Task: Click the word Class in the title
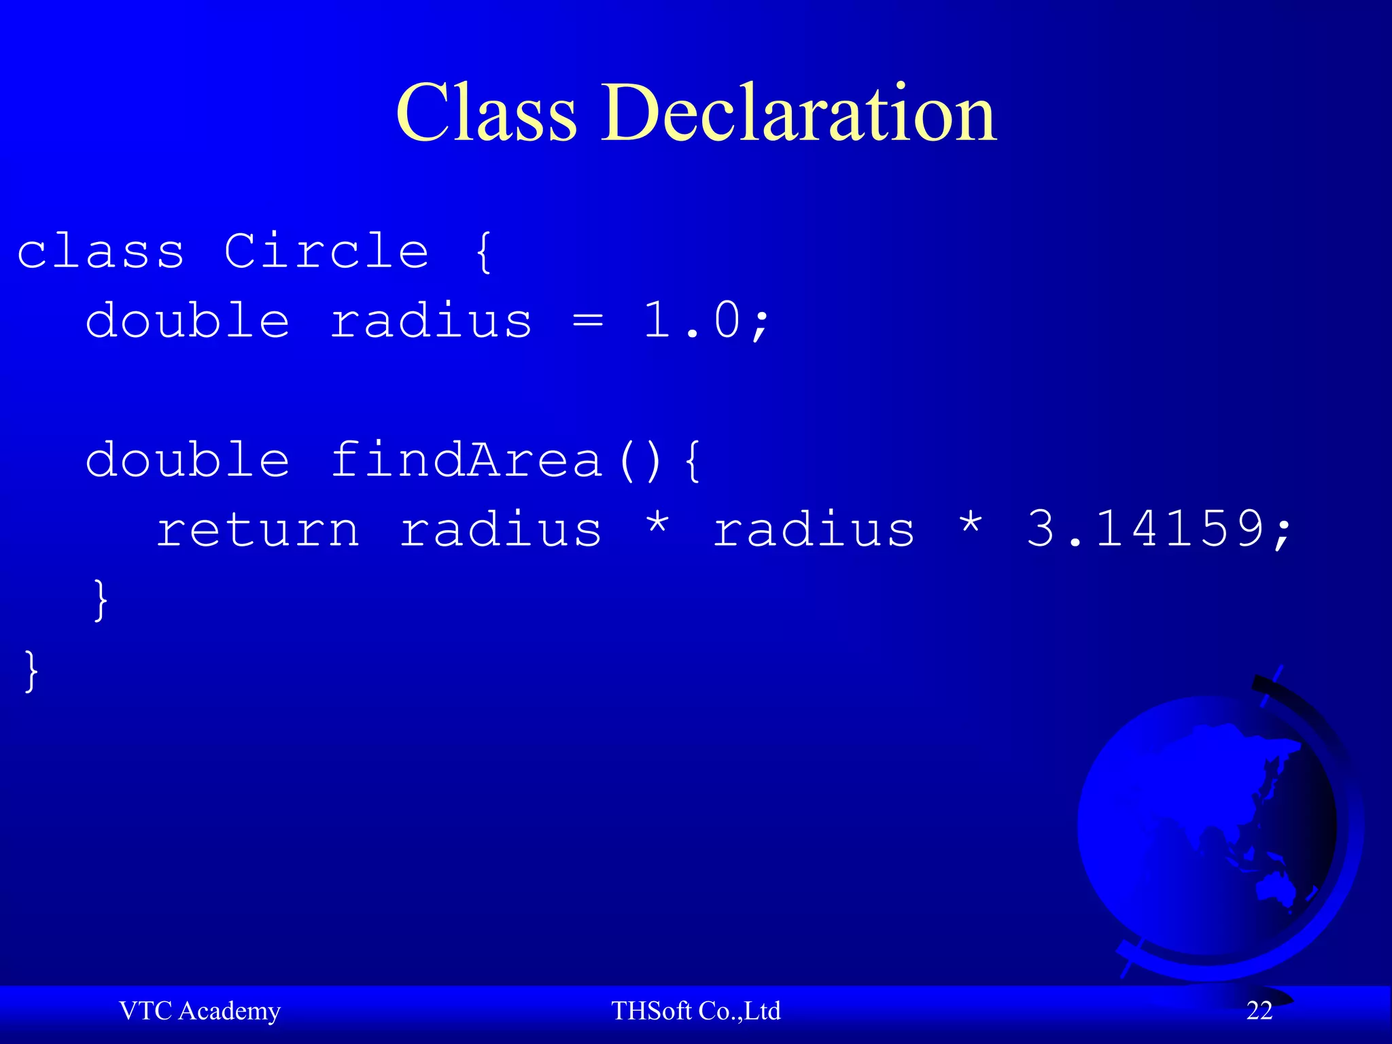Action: (487, 113)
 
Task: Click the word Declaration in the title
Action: (799, 113)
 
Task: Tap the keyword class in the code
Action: (101, 251)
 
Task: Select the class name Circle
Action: (326, 251)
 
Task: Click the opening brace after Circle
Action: (483, 251)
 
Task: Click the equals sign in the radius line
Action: (587, 321)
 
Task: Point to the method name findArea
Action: (466, 459)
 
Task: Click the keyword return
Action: (258, 529)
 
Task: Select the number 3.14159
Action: (1149, 529)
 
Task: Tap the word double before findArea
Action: (188, 459)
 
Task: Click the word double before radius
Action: (188, 321)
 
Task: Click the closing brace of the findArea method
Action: (101, 599)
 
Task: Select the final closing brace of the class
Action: (31, 670)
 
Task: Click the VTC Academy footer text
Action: (200, 1011)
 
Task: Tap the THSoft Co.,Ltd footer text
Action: (696, 1011)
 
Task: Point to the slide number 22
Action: (1259, 1011)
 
